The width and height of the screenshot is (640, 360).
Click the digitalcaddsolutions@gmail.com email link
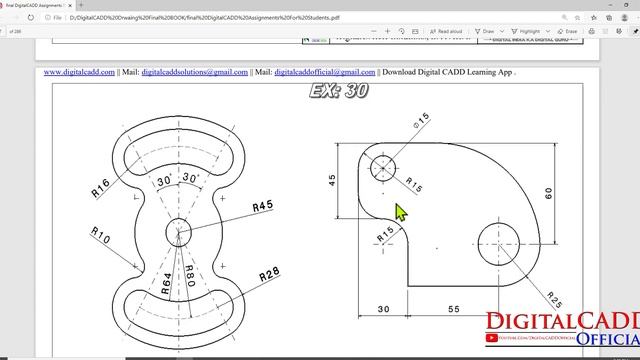click(x=194, y=72)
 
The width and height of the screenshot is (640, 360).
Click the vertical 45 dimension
click(x=332, y=180)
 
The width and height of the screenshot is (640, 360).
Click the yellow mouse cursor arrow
click(x=401, y=212)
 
